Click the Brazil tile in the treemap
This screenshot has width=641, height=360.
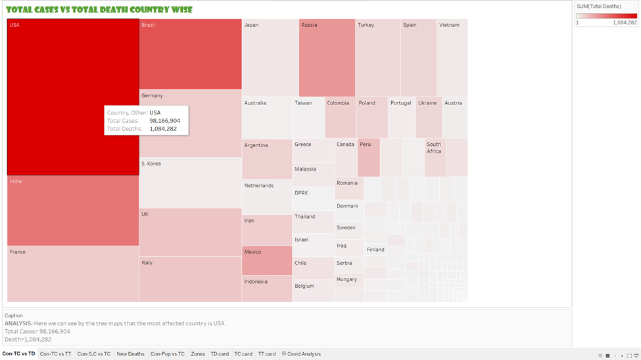tap(190, 54)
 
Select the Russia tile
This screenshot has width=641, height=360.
tap(327, 58)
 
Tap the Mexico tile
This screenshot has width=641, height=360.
tap(266, 261)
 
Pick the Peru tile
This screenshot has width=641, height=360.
tap(369, 158)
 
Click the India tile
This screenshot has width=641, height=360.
tap(73, 210)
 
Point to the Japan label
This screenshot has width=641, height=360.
tap(251, 25)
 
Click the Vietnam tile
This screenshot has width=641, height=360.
tap(452, 58)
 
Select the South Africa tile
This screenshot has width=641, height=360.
tap(435, 158)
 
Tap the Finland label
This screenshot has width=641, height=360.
tap(375, 250)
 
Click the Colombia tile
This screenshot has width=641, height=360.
tap(341, 117)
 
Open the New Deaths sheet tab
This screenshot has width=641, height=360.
tap(131, 354)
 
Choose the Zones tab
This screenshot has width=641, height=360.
tap(198, 354)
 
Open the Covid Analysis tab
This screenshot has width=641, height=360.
tap(302, 354)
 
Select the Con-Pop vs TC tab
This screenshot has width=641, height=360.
tap(168, 354)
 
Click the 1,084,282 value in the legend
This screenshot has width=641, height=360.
tap(625, 22)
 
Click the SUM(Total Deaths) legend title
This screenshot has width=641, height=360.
tap(598, 7)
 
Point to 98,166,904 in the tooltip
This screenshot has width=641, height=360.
tap(165, 121)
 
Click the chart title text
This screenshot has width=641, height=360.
tap(99, 9)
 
